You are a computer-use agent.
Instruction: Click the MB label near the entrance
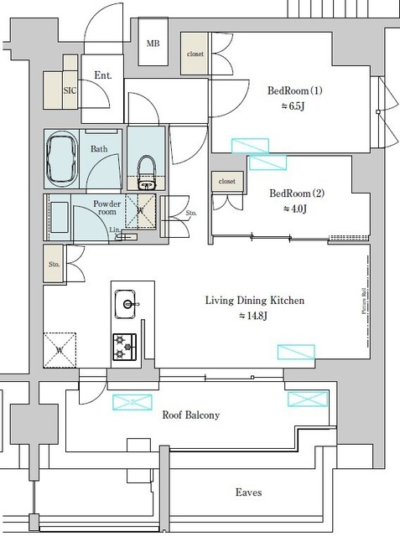(153, 44)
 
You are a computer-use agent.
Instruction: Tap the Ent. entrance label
(103, 75)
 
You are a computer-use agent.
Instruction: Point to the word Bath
(99, 148)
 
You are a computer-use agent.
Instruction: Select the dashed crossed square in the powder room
(141, 210)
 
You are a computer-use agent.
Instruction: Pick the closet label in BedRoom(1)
(195, 54)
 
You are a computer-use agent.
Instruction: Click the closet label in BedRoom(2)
(226, 181)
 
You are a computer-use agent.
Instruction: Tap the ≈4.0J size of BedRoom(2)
(294, 209)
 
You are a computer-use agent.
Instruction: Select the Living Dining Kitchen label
(255, 300)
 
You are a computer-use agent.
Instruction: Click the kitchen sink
(127, 302)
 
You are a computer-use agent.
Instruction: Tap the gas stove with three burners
(126, 344)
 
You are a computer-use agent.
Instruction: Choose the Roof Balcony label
(190, 415)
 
